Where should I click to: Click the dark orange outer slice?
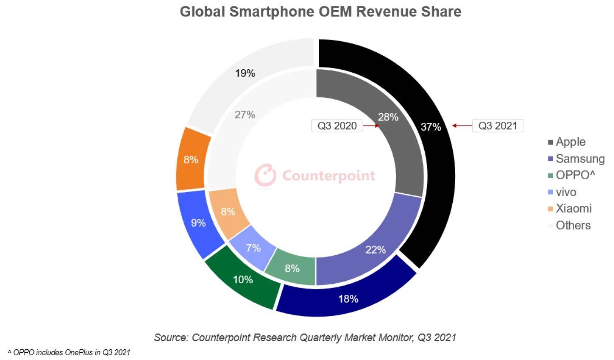click(x=191, y=160)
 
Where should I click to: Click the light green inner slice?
click(x=292, y=268)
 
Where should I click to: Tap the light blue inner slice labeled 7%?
click(x=253, y=247)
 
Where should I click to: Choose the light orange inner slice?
click(x=228, y=211)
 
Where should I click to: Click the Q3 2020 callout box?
click(x=337, y=126)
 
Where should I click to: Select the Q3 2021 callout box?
click(x=497, y=126)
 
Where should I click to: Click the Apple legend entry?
click(x=567, y=142)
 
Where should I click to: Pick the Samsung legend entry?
click(x=576, y=159)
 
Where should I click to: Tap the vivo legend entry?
click(x=563, y=192)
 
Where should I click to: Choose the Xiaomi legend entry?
click(x=570, y=209)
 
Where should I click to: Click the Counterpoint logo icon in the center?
click(x=266, y=175)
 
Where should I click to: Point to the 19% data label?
click(x=245, y=74)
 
